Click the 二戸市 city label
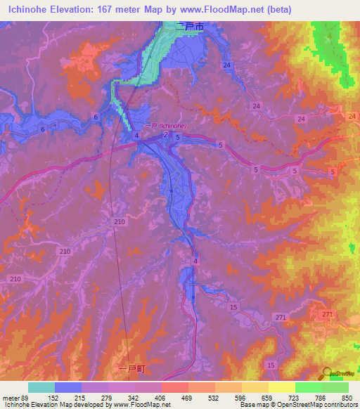193,25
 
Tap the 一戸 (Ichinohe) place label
164,126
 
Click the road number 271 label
326,313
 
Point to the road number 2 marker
165,134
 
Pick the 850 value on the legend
345,397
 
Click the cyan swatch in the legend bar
41,387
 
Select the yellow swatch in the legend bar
281,387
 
